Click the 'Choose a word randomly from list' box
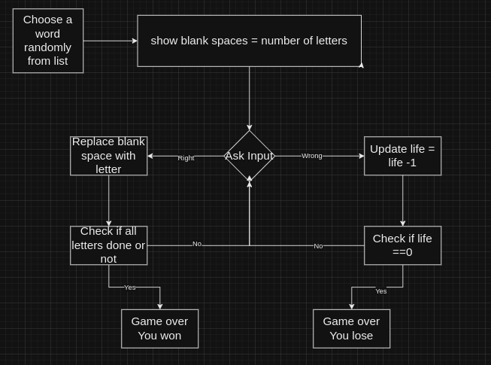[x=48, y=41]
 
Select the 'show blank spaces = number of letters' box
[x=249, y=41]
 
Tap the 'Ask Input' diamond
[x=250, y=156]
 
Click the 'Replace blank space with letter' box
[x=108, y=156]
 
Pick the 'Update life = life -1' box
[x=402, y=156]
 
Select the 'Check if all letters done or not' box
[x=108, y=245]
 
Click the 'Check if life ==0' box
[x=402, y=245]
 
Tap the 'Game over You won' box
[x=159, y=328]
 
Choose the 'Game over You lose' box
[x=351, y=328]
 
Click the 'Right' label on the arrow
[x=186, y=158]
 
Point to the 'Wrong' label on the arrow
[x=312, y=156]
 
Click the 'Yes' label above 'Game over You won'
[x=130, y=287]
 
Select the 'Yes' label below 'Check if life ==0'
[x=381, y=291]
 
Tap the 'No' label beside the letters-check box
[x=197, y=244]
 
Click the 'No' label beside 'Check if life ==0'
[x=318, y=246]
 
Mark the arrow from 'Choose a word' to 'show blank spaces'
[x=110, y=41]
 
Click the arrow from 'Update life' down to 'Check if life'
[x=402, y=199]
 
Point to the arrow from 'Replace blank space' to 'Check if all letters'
[x=108, y=199]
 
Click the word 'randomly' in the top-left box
[x=48, y=47]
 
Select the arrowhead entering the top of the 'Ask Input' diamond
[x=250, y=128]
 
